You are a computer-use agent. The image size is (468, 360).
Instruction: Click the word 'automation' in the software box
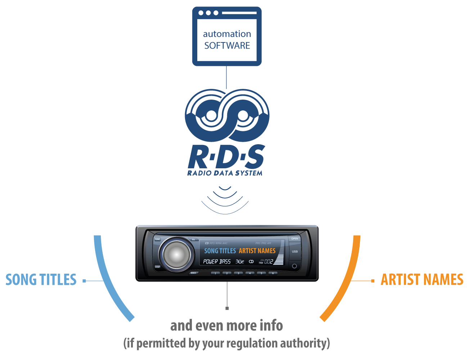[227, 34]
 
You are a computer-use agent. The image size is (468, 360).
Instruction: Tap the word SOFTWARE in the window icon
[227, 46]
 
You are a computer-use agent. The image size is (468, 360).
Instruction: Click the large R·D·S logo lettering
[226, 157]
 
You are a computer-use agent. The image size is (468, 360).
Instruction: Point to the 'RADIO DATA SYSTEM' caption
[225, 173]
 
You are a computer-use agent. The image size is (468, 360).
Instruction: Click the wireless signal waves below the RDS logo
[225, 200]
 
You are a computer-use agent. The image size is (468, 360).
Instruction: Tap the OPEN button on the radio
[294, 239]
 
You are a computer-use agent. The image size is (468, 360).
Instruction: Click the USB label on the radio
[295, 252]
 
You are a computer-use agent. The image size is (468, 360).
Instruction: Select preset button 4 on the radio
[250, 273]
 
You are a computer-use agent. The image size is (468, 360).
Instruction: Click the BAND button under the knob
[194, 273]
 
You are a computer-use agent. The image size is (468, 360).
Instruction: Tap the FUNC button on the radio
[157, 239]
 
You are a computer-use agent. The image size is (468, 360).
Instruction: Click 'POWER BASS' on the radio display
[217, 261]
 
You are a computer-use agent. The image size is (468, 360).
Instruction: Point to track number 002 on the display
[269, 261]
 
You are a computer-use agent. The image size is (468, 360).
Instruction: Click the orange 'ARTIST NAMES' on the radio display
[257, 251]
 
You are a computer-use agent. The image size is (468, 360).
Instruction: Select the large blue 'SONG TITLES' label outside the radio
[41, 280]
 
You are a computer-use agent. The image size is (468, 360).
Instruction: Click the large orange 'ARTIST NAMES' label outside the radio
[422, 280]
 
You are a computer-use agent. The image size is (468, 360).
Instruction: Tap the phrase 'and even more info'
[226, 325]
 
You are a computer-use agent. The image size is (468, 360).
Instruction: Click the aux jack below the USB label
[294, 266]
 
